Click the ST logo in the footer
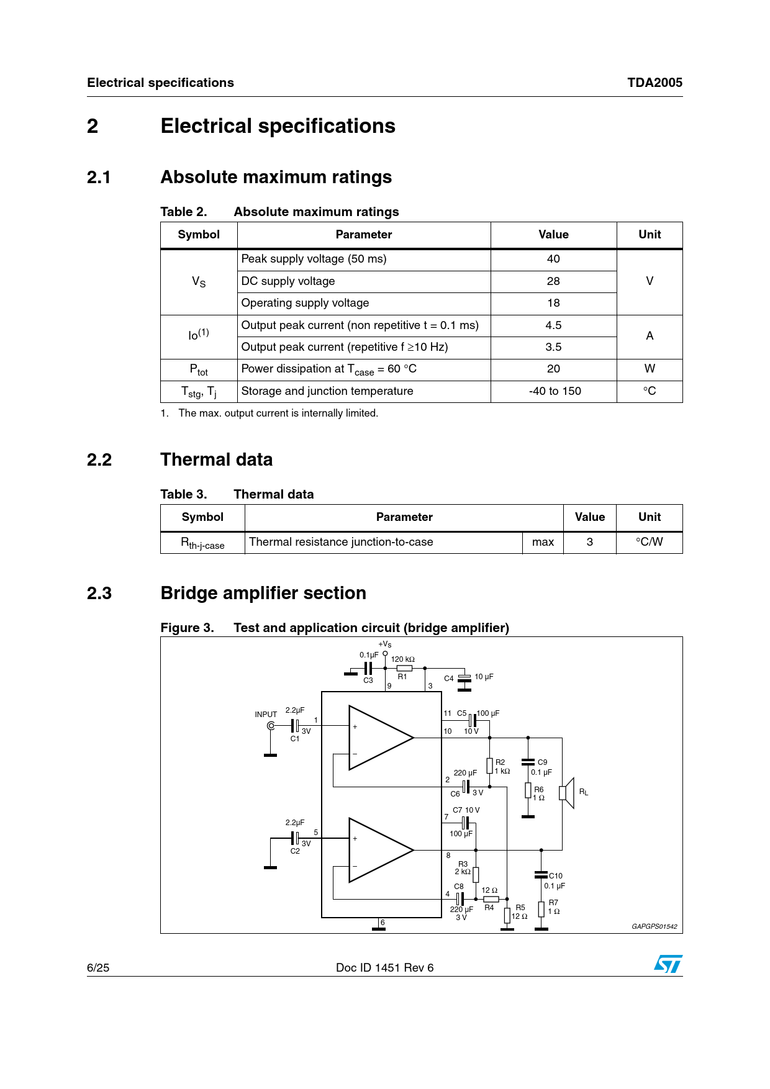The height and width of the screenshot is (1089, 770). [668, 964]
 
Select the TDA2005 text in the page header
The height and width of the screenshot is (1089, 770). [654, 83]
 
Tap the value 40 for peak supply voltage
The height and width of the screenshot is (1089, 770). [553, 259]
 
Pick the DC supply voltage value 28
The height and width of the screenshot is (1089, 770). [553, 281]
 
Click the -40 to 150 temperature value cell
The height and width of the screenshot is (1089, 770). [555, 391]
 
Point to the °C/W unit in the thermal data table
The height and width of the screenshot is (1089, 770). [649, 542]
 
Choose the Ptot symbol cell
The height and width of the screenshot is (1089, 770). [199, 369]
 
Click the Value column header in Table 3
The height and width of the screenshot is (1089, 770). [589, 517]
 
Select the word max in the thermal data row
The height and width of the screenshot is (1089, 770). [543, 542]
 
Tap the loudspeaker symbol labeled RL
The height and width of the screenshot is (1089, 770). [567, 793]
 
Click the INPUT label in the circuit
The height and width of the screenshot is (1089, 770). [266, 715]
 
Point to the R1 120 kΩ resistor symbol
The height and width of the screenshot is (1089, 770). [404, 668]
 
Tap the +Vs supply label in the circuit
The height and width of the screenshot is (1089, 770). [385, 644]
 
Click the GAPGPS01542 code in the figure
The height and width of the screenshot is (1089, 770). [654, 926]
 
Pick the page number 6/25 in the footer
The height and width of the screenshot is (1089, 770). [98, 967]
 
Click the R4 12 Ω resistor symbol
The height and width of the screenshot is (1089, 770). [491, 899]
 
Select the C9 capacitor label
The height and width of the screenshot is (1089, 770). [543, 762]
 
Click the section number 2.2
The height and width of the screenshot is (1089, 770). [99, 460]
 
